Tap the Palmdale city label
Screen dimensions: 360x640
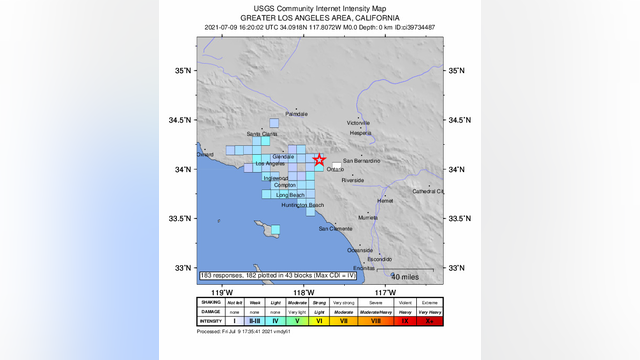[x=297, y=115]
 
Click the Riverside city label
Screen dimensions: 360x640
[x=352, y=181]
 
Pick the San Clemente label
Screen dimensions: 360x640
[x=335, y=229]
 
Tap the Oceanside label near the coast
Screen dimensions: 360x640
[x=359, y=250]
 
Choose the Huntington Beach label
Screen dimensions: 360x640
[x=302, y=205]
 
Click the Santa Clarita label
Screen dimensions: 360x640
[x=262, y=134]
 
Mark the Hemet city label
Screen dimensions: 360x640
[x=385, y=200]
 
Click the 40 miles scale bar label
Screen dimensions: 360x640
[x=405, y=276]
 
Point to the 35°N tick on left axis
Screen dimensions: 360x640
[x=183, y=71]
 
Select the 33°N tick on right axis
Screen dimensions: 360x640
[x=457, y=268]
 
